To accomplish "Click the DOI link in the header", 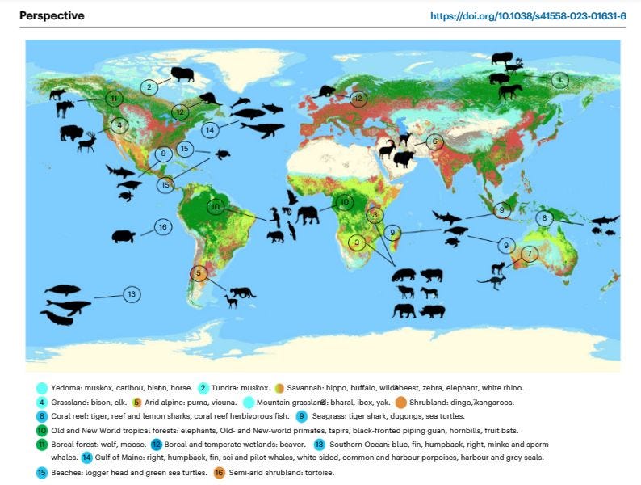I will [x=529, y=15].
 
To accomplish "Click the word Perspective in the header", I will [x=52, y=15].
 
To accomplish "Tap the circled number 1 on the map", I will [x=560, y=79].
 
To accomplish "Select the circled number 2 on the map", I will [x=149, y=86].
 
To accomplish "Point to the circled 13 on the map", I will [x=132, y=294].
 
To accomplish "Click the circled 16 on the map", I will [x=162, y=228].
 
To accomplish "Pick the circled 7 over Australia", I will [x=529, y=254].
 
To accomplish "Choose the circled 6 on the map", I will [x=435, y=141].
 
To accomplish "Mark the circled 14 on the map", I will [x=210, y=129].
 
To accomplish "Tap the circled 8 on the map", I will [x=545, y=218].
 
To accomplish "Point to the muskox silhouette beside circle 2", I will [x=182, y=74].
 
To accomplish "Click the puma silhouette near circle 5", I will [x=241, y=292].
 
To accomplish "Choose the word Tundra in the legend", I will [x=226, y=388].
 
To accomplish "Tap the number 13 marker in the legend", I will [x=319, y=444].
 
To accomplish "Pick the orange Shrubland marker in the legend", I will [x=401, y=402].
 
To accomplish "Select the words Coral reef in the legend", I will [x=69, y=416].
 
